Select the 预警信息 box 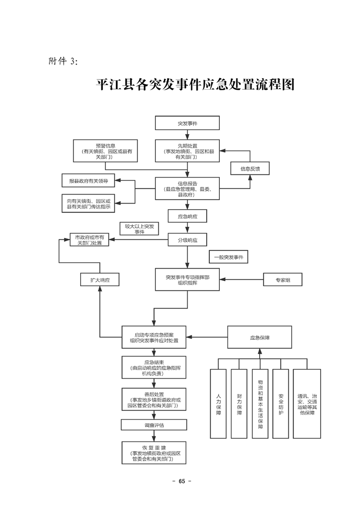tap(105, 151)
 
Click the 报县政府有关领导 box tap(88, 180)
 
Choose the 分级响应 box tap(187, 240)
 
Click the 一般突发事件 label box tap(228, 257)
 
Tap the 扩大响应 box tap(100, 280)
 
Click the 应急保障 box tap(260, 337)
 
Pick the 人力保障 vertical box tap(218, 403)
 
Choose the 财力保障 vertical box tap(239, 403)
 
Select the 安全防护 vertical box tap(280, 403)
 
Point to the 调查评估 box tap(154, 425)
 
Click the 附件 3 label tap(63, 61)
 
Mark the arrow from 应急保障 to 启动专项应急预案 tap(207, 337)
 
